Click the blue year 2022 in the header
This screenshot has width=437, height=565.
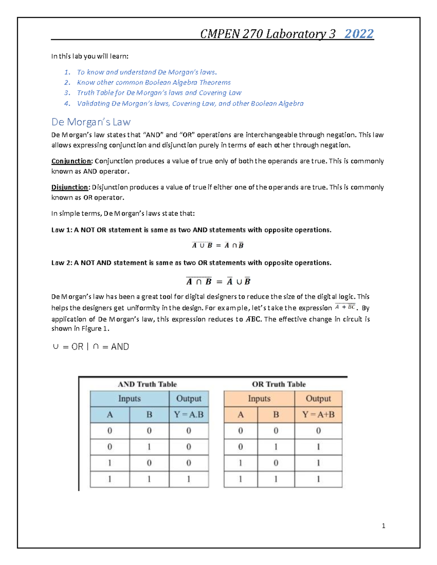pyautogui.click(x=359, y=34)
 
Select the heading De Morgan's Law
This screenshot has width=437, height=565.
pyautogui.click(x=91, y=122)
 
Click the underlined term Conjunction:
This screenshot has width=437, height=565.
pyautogui.click(x=72, y=161)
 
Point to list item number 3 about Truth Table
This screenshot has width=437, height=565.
pyautogui.click(x=159, y=93)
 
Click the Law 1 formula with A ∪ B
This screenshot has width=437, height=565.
pyautogui.click(x=217, y=245)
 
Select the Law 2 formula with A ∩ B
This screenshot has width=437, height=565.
pyautogui.click(x=218, y=281)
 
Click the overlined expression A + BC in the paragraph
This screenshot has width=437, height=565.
pyautogui.click(x=345, y=307)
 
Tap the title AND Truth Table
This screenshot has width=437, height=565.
pyautogui.click(x=147, y=384)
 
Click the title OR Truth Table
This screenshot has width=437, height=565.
pyautogui.click(x=279, y=384)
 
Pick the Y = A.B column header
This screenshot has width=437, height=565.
pyautogui.click(x=189, y=415)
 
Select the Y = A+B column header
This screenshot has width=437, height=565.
pyautogui.click(x=318, y=415)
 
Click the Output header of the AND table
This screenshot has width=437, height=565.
pyautogui.click(x=189, y=399)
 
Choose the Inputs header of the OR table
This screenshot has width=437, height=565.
pyautogui.click(x=259, y=399)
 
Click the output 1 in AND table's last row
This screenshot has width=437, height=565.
pyautogui.click(x=189, y=479)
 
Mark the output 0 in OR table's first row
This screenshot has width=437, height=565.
pyautogui.click(x=318, y=431)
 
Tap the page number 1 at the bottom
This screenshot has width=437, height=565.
pyautogui.click(x=383, y=526)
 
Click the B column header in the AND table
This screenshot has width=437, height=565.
pyautogui.click(x=149, y=415)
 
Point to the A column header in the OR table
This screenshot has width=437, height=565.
pyautogui.click(x=240, y=415)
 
